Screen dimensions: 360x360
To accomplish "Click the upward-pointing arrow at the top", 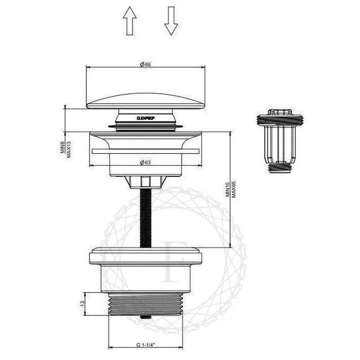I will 130,22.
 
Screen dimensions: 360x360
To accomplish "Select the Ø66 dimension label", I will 145,64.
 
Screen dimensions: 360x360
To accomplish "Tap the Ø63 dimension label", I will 145,162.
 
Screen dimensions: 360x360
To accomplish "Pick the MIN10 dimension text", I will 227,189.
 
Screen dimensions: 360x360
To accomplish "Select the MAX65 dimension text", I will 233,189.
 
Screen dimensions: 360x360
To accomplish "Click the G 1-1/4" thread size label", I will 145,345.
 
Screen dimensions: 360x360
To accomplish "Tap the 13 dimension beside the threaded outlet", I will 82,303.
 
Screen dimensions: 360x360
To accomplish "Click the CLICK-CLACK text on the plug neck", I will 145,117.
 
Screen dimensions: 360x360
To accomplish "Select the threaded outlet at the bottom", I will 145,304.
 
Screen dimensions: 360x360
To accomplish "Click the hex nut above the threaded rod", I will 145,181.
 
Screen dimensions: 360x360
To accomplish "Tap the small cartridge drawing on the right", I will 280,140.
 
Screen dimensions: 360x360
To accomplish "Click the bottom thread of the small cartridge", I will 280,167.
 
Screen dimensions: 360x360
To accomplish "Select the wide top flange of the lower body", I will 145,255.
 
